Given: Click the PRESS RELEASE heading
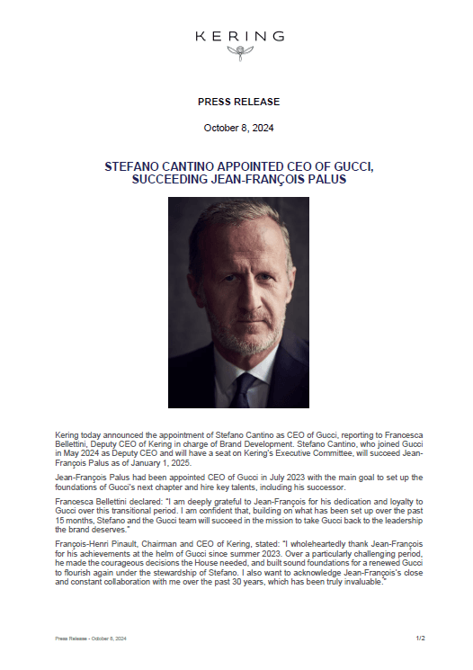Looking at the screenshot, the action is pos(239,102).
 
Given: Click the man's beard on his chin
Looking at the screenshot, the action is pos(239,342).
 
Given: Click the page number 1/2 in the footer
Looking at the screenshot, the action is pos(419,638).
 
